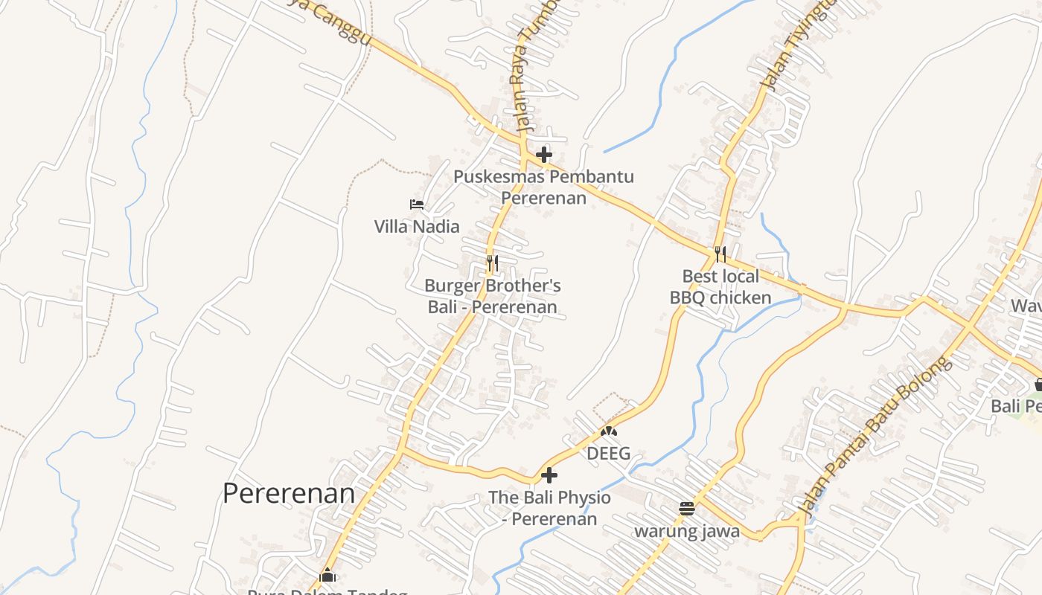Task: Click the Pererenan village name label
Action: point(289,493)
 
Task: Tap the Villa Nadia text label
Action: point(417,226)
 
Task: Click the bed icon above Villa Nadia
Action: point(417,204)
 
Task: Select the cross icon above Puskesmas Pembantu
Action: point(544,155)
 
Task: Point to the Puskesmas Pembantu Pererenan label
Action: point(544,187)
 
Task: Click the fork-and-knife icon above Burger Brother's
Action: point(492,263)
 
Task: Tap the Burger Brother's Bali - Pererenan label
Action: point(492,296)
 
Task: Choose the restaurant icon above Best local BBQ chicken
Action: point(720,254)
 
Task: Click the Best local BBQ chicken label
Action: point(720,287)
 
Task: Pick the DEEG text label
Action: point(609,453)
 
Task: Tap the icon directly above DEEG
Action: point(609,431)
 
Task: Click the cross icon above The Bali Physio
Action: point(549,475)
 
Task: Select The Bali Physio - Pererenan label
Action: point(549,508)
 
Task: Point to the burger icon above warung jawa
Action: point(686,509)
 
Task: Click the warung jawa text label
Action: point(686,531)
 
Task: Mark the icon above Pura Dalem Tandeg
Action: point(327,575)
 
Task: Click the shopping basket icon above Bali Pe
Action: point(1038,385)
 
